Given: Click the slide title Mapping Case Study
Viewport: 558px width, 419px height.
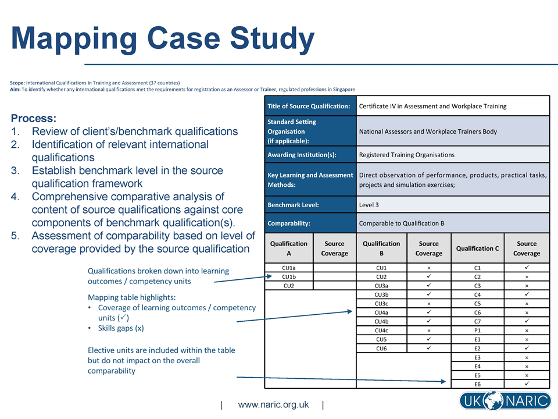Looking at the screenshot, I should tap(163, 39).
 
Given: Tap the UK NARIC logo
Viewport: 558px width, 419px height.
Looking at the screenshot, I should tap(504, 401).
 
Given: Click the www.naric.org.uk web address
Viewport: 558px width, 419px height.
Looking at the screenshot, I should tap(273, 404).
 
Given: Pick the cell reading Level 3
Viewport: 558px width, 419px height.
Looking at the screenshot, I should tap(369, 205).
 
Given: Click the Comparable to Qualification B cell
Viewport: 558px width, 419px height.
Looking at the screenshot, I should tap(402, 223).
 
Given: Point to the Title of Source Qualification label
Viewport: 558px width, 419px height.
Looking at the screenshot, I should tap(309, 106).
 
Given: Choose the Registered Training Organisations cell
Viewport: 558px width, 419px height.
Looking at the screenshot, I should tap(407, 155).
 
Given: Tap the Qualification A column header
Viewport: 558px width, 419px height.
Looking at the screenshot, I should tap(289, 248).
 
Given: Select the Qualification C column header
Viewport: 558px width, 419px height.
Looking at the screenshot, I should tap(477, 248).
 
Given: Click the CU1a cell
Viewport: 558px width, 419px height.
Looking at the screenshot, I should tap(289, 268).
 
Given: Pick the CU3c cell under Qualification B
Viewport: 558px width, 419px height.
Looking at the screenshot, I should tap(381, 304).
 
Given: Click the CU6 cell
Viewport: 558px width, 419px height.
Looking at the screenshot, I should tap(381, 348).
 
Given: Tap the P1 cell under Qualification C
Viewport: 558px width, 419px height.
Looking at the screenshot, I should tap(477, 331).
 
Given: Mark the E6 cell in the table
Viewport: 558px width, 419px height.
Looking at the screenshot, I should tap(477, 384).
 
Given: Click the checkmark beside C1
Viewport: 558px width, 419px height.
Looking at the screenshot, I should tap(527, 267).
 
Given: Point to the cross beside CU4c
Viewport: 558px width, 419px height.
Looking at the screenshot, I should tap(428, 331).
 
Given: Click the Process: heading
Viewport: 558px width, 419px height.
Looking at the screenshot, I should tap(34, 118).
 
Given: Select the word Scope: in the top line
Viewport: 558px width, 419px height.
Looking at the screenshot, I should tap(17, 83).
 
